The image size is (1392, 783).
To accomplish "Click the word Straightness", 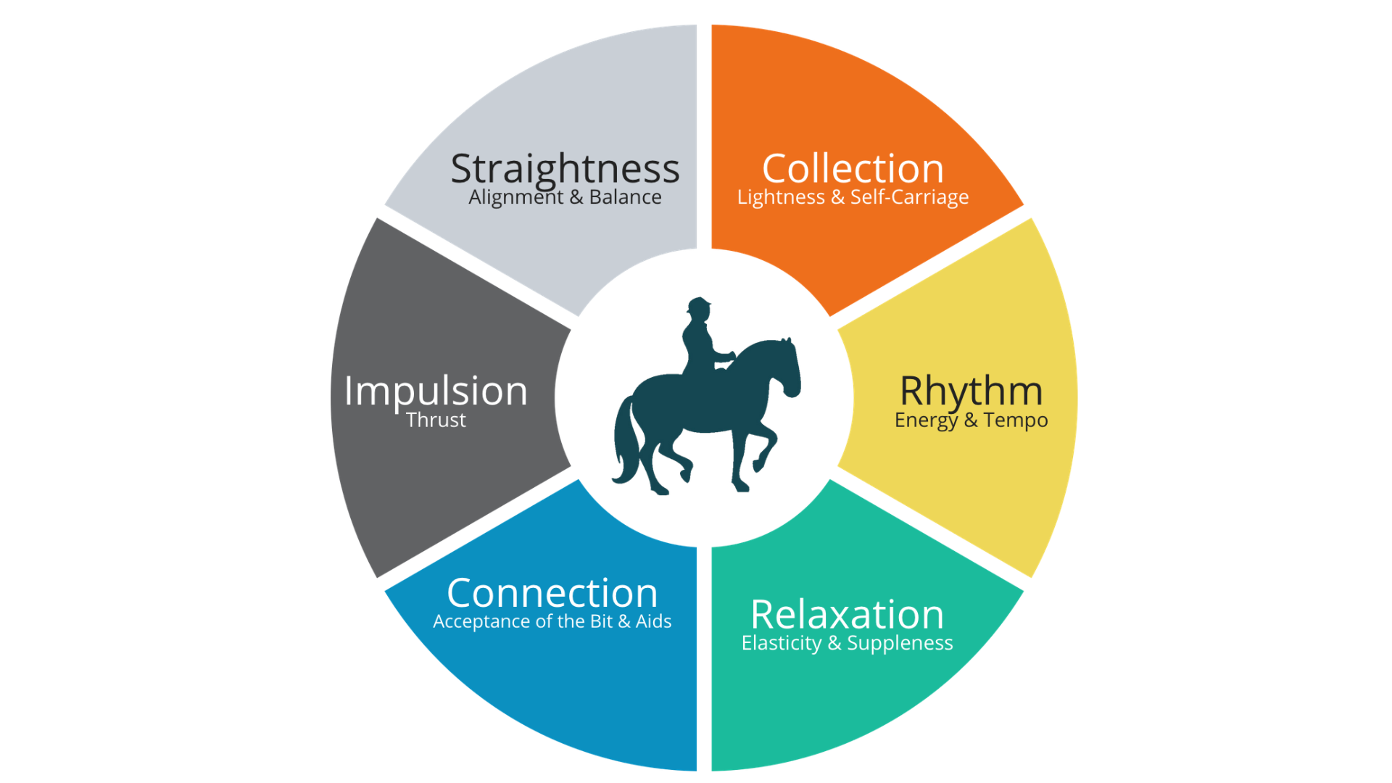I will point(565,169).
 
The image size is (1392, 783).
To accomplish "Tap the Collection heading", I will point(853,169).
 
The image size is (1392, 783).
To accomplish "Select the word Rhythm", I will point(971,391).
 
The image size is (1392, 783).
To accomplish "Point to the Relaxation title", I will point(847,615).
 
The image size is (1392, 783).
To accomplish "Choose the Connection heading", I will point(552,593).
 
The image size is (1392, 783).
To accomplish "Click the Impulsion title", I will point(436,391).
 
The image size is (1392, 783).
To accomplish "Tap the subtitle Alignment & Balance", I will point(565,197).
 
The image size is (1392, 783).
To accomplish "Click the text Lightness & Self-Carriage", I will point(853,197).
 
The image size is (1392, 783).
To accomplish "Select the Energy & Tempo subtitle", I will point(971,420).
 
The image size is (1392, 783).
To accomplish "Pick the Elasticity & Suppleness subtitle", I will point(847,643).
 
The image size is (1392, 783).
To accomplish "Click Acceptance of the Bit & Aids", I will point(552,621).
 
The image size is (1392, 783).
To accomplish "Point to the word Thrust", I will point(436,420).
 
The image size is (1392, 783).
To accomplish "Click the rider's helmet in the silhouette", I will point(700,304).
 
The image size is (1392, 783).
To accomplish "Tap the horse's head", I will point(786,370).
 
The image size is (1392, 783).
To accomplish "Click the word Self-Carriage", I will point(909,197).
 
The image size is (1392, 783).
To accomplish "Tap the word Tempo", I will point(1015,420).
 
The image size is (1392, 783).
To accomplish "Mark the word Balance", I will point(625,197).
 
